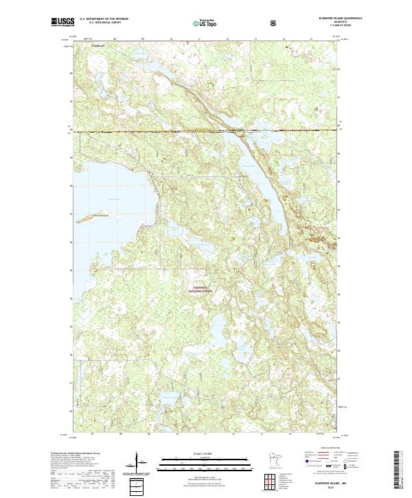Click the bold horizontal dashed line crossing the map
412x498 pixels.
tap(206, 131)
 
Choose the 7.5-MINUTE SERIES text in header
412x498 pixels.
tap(321, 27)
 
